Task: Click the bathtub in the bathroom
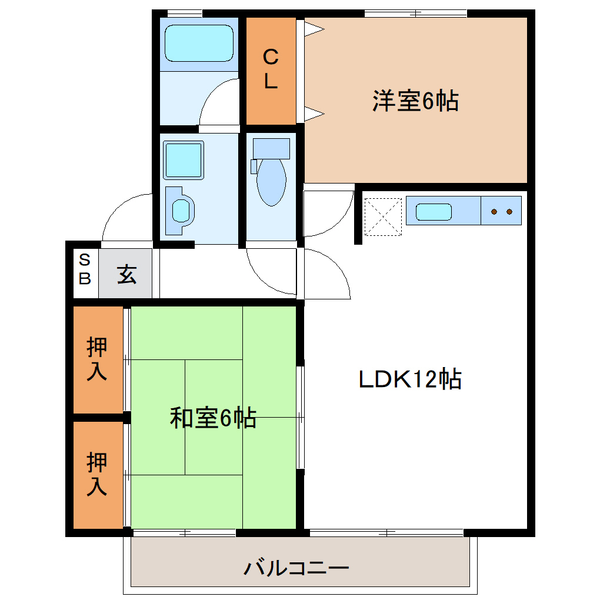(x=199, y=43)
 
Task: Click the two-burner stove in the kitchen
(x=501, y=211)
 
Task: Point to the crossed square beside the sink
(x=383, y=216)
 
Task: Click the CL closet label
(x=270, y=69)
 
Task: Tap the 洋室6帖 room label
(x=415, y=101)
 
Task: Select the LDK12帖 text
(x=410, y=379)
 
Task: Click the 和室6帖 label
(x=213, y=418)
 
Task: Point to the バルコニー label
(x=297, y=568)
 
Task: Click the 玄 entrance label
(x=126, y=275)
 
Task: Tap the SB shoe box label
(x=85, y=269)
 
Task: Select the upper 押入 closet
(x=97, y=359)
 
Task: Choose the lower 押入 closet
(x=97, y=474)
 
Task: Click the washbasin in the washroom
(x=181, y=210)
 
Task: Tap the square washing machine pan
(x=184, y=160)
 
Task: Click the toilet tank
(x=271, y=148)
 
